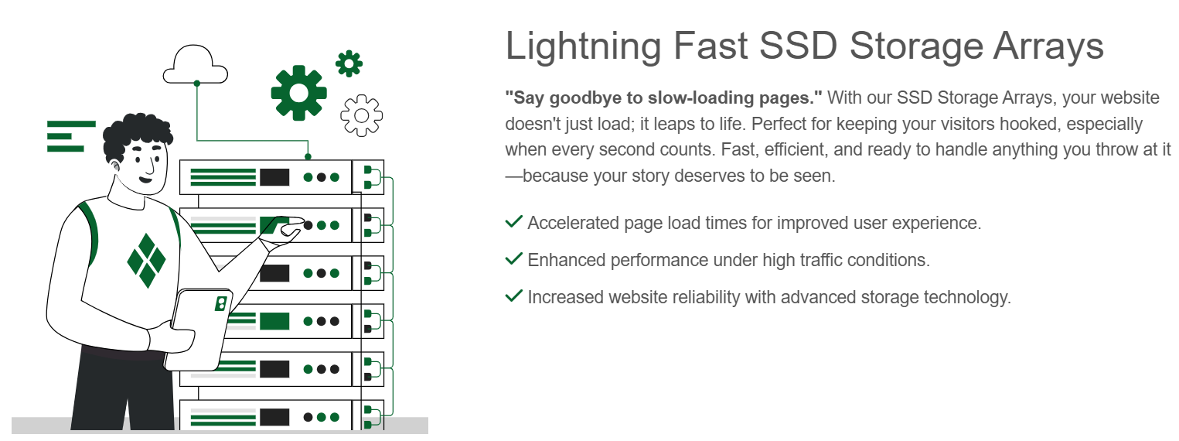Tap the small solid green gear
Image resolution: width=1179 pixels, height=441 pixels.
pos(349,63)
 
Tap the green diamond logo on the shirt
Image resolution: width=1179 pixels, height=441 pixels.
pos(146,261)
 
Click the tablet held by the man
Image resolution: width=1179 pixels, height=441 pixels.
pos(199,330)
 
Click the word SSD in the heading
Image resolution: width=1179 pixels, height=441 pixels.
pos(798,46)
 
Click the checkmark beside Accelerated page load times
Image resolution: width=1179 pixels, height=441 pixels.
pos(513,222)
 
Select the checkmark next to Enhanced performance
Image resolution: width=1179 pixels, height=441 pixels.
pos(513,258)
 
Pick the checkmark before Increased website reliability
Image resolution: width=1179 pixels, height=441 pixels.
pos(513,296)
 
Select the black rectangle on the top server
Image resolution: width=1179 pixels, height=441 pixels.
pos(274,177)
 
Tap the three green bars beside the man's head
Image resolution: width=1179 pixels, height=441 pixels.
pos(71,136)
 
